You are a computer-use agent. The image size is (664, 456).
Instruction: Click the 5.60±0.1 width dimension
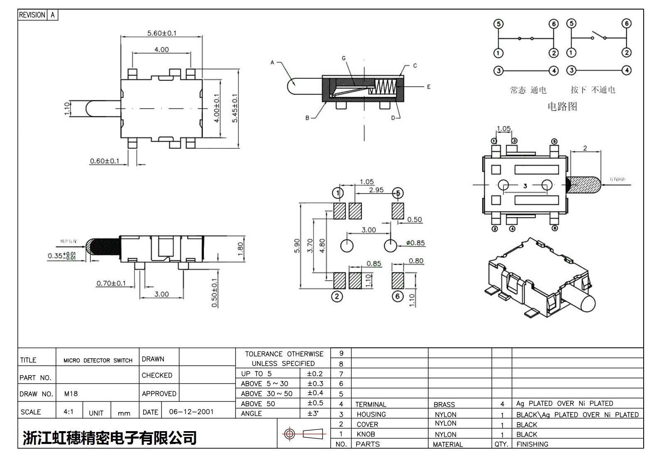[161, 33]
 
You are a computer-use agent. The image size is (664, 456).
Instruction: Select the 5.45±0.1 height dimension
[235, 108]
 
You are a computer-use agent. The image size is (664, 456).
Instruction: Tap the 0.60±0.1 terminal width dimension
[105, 161]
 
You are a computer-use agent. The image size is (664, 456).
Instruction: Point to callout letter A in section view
[272, 63]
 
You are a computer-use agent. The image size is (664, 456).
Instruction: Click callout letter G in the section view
[344, 58]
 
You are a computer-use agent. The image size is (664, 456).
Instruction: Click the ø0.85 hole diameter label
[415, 243]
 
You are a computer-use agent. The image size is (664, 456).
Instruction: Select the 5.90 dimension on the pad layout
[297, 247]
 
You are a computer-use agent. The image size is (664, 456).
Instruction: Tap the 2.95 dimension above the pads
[376, 190]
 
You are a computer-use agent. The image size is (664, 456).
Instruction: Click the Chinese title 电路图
[562, 107]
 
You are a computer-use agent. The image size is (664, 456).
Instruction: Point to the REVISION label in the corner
[32, 15]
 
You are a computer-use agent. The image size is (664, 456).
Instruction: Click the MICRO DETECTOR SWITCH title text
[98, 361]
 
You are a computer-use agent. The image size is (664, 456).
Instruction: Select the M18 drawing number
[71, 394]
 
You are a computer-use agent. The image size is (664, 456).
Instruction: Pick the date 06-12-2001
[191, 412]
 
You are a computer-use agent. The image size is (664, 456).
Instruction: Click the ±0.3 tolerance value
[315, 383]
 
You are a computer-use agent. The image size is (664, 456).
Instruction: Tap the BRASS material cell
[444, 405]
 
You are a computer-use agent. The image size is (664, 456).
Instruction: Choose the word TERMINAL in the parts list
[371, 405]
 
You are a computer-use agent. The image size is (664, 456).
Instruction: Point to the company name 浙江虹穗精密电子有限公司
[110, 438]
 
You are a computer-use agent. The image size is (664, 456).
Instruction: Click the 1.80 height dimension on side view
[240, 249]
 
